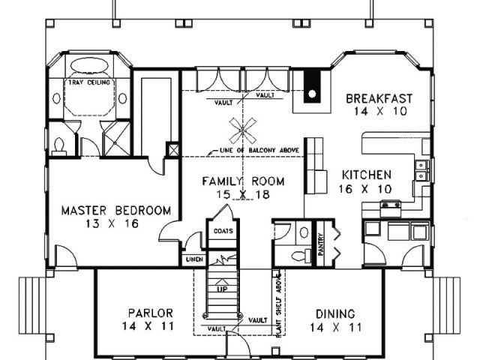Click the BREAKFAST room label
pyautogui.click(x=379, y=99)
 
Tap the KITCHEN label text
pyautogui.click(x=367, y=175)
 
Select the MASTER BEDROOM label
pyautogui.click(x=116, y=211)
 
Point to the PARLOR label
pyautogui.click(x=150, y=313)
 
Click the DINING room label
pyautogui.click(x=335, y=314)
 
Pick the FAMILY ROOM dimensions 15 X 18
pyautogui.click(x=243, y=195)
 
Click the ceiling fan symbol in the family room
pyautogui.click(x=243, y=130)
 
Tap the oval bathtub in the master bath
pyautogui.click(x=89, y=65)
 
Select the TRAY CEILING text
pyautogui.click(x=89, y=82)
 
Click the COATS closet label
pyautogui.click(x=223, y=231)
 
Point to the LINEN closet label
pyautogui.click(x=195, y=259)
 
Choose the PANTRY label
pyautogui.click(x=321, y=244)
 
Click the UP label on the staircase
pyautogui.click(x=222, y=289)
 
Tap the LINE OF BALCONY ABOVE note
pyautogui.click(x=259, y=150)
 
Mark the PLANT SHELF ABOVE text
pyautogui.click(x=279, y=305)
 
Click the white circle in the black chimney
pyautogui.click(x=312, y=94)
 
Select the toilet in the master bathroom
pyautogui.click(x=58, y=146)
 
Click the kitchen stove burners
pyautogui.click(x=390, y=205)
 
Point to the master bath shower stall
pyautogui.click(x=116, y=139)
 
